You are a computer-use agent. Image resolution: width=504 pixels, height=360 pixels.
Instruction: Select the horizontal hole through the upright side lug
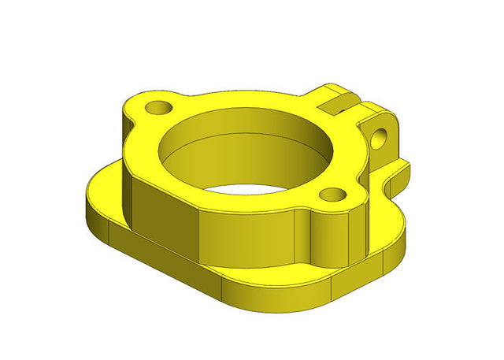(383, 135)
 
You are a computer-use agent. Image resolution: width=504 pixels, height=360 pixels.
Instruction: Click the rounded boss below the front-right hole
(331, 236)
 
